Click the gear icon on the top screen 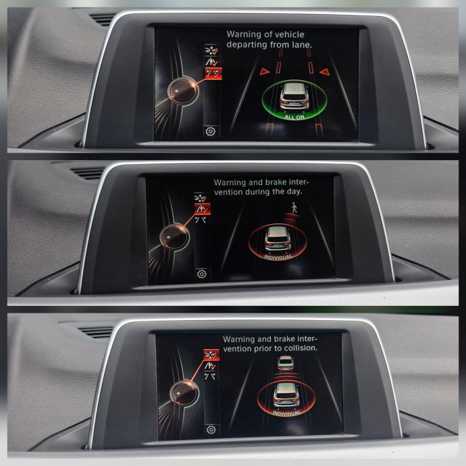211,131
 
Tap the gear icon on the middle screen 202,274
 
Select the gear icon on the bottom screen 211,430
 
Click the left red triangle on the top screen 265,72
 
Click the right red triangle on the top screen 325,72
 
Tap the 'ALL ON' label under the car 294,117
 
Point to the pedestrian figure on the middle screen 294,207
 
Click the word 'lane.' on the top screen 302,45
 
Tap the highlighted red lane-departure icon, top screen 213,74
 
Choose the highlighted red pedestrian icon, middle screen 203,209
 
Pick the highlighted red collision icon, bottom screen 211,355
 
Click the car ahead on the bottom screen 286,363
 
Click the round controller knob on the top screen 184,90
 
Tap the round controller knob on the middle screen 174,237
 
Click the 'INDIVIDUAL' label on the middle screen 278,257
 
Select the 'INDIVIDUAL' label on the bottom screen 287,413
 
